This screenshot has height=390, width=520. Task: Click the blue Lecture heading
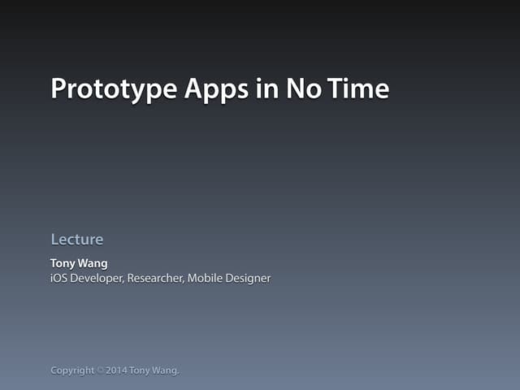[76, 240]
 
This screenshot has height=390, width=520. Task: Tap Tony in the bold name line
[63, 263]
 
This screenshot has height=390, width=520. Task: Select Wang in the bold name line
[93, 263]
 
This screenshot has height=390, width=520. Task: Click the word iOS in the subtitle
[59, 279]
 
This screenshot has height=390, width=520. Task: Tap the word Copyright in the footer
[72, 371]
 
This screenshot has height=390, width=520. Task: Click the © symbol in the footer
[101, 370]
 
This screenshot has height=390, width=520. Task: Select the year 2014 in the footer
[115, 370]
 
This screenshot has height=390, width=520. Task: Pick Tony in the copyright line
[140, 370]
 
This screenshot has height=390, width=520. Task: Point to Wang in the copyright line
[166, 370]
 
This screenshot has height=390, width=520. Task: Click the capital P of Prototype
[58, 88]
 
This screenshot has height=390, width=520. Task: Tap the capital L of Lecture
[54, 240]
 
